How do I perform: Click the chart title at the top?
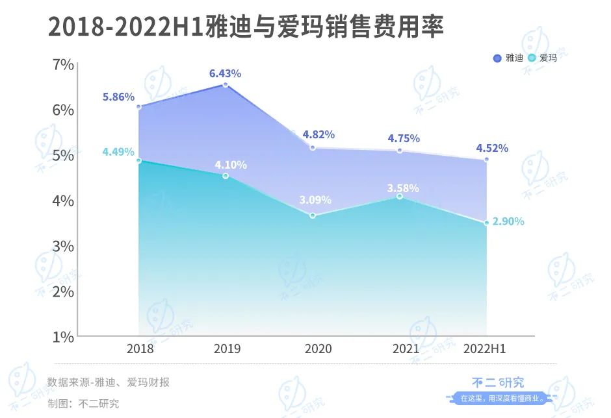coord(246,27)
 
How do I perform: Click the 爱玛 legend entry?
coord(543,58)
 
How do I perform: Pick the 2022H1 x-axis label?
coord(485,349)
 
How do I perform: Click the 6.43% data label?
coord(225,73)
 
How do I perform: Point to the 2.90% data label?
coord(508,221)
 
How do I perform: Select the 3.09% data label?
coord(315,200)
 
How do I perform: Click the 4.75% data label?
coord(404,138)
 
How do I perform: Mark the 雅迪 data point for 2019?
coord(226,85)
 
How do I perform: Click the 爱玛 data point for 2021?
coord(400,196)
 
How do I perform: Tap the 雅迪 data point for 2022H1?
coord(486,159)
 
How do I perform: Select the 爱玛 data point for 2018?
coord(138,160)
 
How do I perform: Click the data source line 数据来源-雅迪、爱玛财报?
coord(109,382)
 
